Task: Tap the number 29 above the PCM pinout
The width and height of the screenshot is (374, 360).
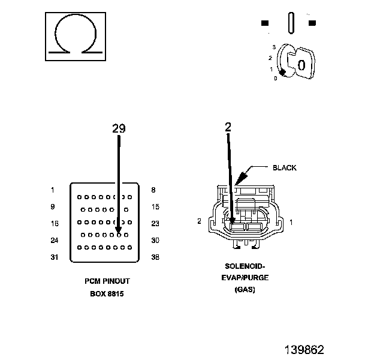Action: pos(119,128)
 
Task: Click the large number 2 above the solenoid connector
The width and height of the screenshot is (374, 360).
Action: pos(228,127)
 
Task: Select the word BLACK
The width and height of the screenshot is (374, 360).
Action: pos(285,168)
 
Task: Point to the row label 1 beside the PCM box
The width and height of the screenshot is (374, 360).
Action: pos(53,190)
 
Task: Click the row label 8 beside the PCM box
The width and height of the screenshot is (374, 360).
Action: pos(153,190)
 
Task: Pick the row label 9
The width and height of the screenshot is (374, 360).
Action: pos(53,206)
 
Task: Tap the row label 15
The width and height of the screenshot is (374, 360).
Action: pos(155,207)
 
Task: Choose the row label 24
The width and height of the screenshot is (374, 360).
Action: pos(55,240)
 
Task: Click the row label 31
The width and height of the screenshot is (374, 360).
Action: pos(55,257)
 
